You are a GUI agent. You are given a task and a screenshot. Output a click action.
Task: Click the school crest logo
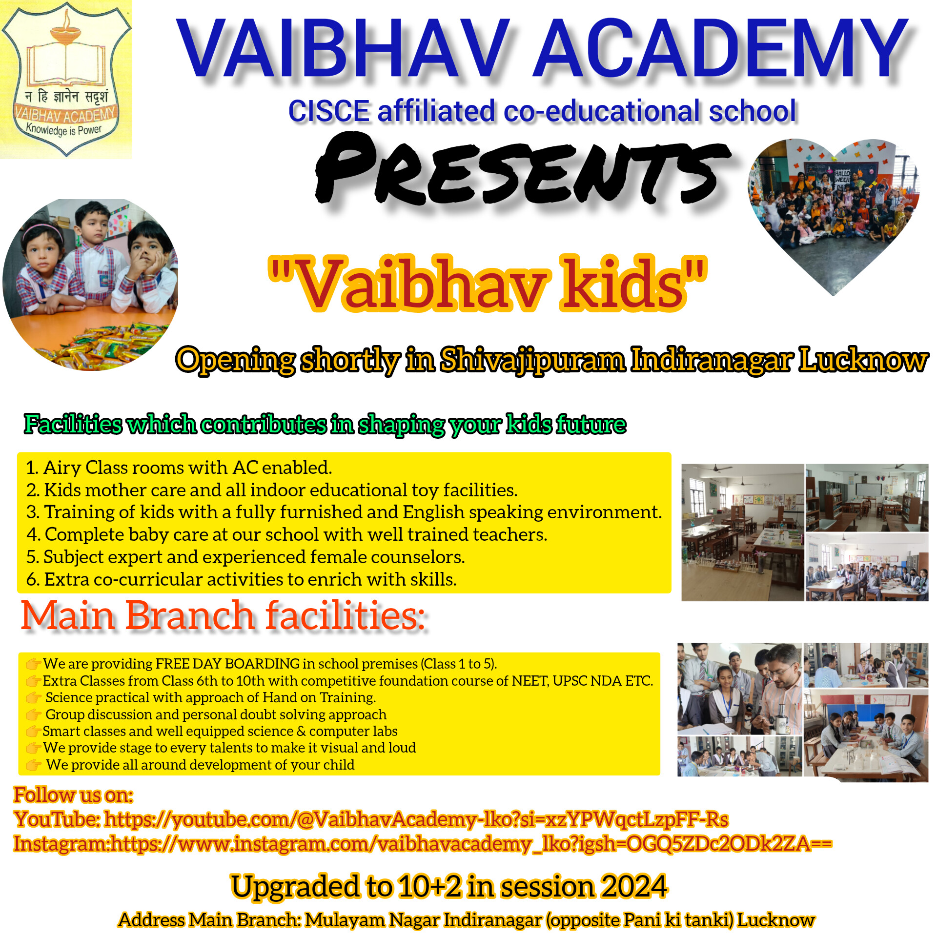pyautogui.click(x=66, y=79)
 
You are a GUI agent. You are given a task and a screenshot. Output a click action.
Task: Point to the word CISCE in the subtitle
pyautogui.click(x=329, y=111)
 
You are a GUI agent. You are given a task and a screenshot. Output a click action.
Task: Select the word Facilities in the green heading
pyautogui.click(x=73, y=424)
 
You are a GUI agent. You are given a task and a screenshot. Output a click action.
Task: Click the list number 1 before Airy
pyautogui.click(x=32, y=468)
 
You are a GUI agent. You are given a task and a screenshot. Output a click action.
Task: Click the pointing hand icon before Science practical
pyautogui.click(x=33, y=698)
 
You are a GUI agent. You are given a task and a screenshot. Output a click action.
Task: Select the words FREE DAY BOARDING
pyautogui.click(x=227, y=664)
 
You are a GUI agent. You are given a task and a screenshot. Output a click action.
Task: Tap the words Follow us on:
pyautogui.click(x=73, y=795)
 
